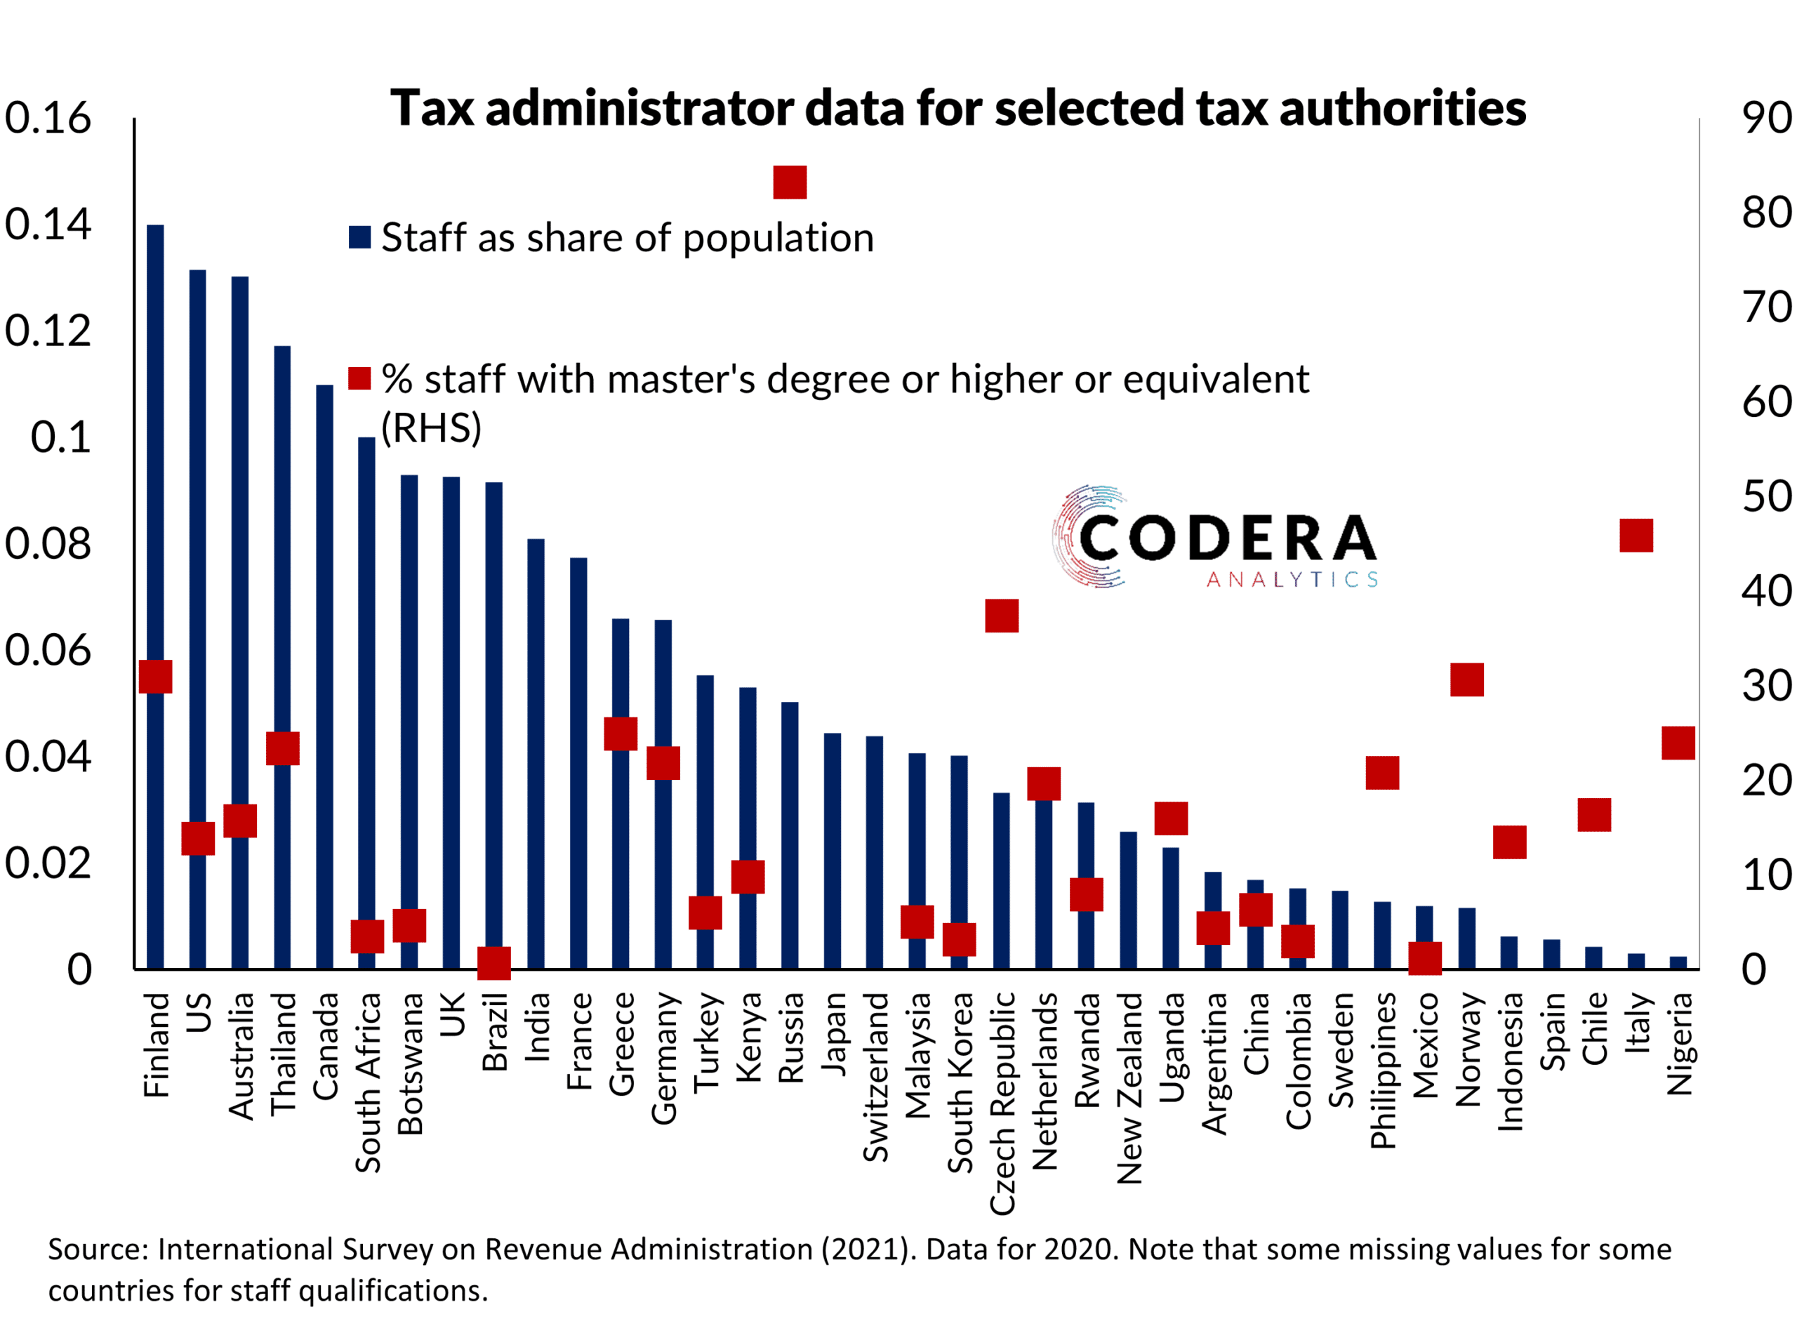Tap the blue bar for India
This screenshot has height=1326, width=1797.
pos(536,755)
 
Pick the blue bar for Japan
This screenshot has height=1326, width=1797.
pos(833,851)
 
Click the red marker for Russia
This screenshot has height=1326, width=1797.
pos(790,183)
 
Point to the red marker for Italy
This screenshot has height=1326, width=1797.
pos(1636,536)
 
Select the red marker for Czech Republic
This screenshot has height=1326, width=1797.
pos(1002,616)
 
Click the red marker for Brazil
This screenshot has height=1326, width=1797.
pos(493,962)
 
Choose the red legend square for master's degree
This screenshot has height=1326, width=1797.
pos(359,379)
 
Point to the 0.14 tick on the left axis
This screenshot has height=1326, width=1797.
pos(48,225)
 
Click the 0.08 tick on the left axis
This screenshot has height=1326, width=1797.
pos(48,544)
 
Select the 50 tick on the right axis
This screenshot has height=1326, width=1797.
pos(1765,497)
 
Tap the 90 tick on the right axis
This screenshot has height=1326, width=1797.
pos(1765,119)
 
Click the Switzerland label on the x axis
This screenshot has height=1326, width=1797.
pos(875,1078)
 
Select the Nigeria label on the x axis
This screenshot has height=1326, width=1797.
pos(1679,1045)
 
